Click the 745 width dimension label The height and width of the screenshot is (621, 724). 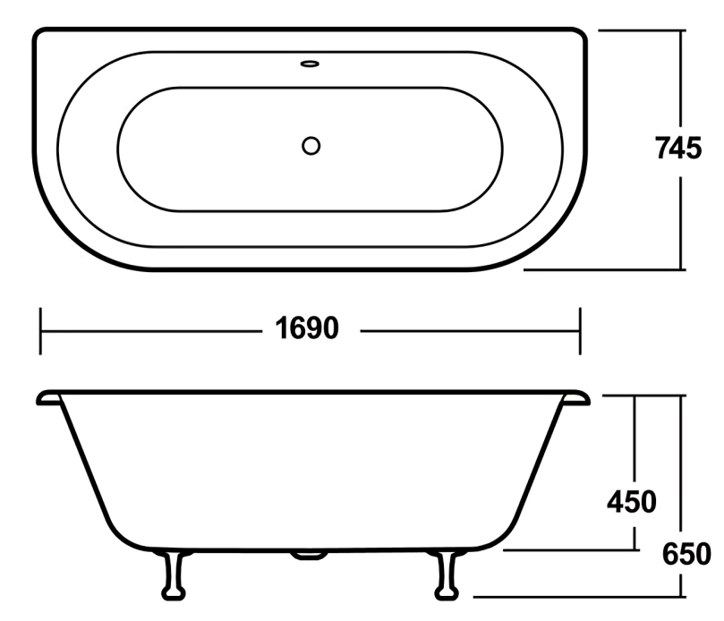click(677, 149)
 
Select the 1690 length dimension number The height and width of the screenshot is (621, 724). click(308, 329)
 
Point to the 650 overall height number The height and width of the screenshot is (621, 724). click(686, 554)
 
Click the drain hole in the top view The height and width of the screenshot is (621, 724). click(311, 145)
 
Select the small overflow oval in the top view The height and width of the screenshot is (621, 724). click(310, 64)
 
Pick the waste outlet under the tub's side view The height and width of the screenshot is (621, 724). click(308, 556)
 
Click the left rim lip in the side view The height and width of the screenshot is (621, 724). click(48, 397)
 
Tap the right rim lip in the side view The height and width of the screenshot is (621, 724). click(575, 397)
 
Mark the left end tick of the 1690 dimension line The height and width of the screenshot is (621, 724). click(41, 330)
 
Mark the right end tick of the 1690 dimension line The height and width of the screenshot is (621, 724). click(581, 330)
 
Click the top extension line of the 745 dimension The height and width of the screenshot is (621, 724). click(641, 30)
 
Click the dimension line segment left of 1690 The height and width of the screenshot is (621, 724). click(152, 330)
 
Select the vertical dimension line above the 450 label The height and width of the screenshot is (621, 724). click(635, 438)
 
